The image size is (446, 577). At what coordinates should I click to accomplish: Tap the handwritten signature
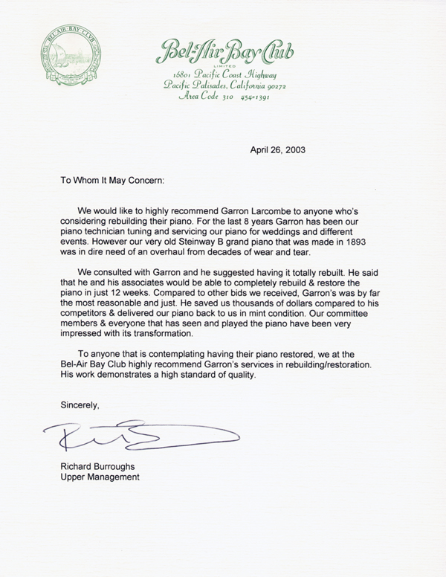(141, 434)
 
